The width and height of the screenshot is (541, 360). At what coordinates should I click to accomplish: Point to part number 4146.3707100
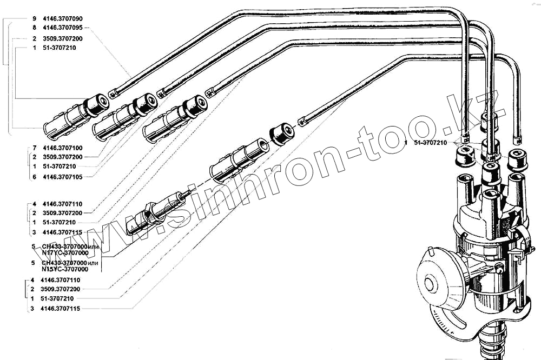(x=61, y=147)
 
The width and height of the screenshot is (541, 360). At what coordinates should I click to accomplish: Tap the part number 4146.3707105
(x=61, y=176)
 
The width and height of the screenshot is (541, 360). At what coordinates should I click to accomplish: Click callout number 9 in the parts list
(x=34, y=18)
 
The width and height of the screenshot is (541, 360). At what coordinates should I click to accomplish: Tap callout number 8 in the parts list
(x=34, y=26)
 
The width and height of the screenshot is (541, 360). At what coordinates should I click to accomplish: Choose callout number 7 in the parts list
(x=34, y=147)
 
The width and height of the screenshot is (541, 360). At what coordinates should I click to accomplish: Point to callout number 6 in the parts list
(x=34, y=176)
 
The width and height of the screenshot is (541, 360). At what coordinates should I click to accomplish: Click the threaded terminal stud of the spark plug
(x=184, y=196)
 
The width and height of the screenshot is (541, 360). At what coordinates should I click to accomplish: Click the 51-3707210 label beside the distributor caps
(x=430, y=143)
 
